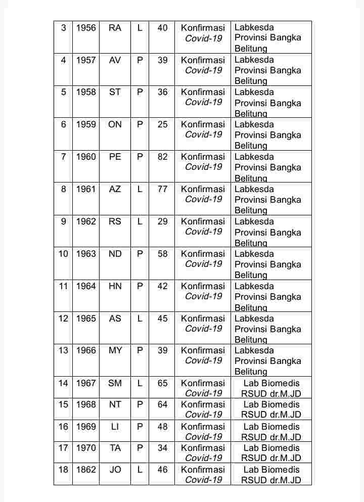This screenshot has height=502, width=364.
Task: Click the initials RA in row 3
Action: click(115, 28)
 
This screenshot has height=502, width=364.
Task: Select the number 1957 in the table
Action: click(86, 60)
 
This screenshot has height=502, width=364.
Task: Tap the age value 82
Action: click(162, 157)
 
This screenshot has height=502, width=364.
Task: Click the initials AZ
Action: click(115, 189)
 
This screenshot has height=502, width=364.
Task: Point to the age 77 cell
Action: click(162, 189)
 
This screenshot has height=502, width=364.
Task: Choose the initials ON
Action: click(115, 124)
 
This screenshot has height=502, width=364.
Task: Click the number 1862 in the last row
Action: click(86, 470)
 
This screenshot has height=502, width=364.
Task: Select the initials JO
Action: click(115, 470)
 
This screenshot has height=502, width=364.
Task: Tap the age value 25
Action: click(162, 124)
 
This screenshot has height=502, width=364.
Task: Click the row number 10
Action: click(63, 254)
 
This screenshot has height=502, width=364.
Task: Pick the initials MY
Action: click(115, 350)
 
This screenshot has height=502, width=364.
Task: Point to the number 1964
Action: click(86, 286)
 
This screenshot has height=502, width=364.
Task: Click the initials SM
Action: click(115, 383)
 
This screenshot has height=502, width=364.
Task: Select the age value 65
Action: click(162, 383)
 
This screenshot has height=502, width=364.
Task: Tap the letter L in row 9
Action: click(140, 221)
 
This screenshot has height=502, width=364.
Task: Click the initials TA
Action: click(115, 448)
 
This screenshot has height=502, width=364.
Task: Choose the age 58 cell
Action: click(162, 254)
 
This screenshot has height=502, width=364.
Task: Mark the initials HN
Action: click(115, 286)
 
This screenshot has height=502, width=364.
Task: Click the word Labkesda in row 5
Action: click(254, 92)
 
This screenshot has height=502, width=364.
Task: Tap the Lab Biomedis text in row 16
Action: click(271, 427)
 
